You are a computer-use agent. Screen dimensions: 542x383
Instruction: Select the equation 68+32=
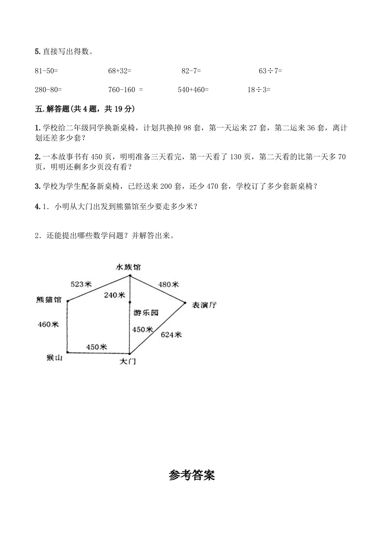(x=120, y=71)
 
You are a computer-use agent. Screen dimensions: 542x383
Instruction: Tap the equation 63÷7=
(x=270, y=71)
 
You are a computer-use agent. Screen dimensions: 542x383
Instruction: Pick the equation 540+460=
(x=193, y=89)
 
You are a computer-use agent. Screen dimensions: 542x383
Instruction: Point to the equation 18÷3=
(x=259, y=89)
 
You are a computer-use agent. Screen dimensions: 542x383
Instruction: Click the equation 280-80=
(x=48, y=89)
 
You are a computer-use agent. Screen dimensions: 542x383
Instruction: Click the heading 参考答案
(x=192, y=475)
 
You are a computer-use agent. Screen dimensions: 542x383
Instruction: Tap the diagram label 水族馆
(x=128, y=267)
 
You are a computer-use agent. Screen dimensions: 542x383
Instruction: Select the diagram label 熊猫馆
(x=49, y=300)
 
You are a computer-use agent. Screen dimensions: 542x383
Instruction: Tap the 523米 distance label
(x=81, y=284)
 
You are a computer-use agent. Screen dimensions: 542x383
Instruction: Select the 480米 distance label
(x=169, y=284)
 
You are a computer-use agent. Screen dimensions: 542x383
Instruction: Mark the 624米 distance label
(x=171, y=334)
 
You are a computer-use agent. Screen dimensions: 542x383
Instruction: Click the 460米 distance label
(x=48, y=324)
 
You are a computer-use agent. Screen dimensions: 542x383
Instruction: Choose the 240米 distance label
(x=115, y=295)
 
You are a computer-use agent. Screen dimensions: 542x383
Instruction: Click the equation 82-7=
(x=191, y=71)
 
